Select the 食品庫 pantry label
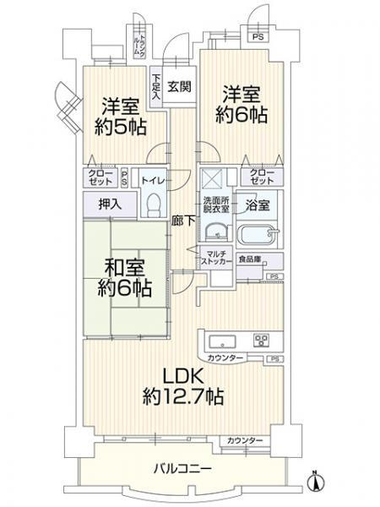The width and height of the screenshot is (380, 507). pyautogui.click(x=247, y=259)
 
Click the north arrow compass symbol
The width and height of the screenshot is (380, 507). pyautogui.click(x=316, y=481)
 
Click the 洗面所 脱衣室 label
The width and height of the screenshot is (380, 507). pyautogui.click(x=215, y=204)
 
